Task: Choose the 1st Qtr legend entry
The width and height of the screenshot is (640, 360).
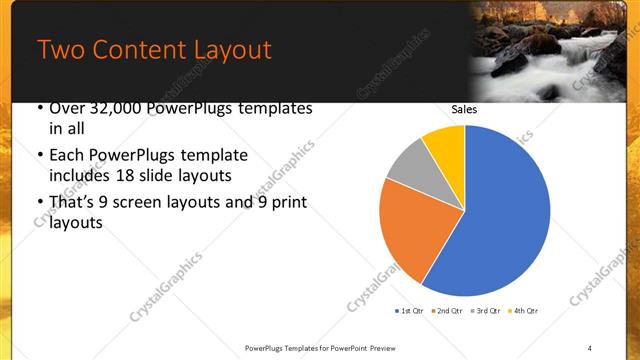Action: point(409,311)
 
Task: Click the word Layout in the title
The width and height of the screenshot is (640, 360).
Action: point(226,50)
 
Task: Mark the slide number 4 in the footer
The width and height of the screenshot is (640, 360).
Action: point(590,347)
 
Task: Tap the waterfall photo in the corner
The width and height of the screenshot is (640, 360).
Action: point(555,50)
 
